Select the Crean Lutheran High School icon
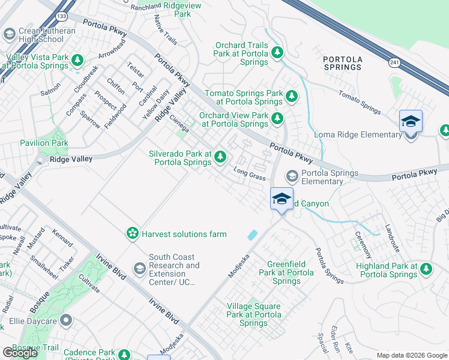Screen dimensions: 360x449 click(x=9, y=34)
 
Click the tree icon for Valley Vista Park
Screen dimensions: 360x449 click(x=77, y=61)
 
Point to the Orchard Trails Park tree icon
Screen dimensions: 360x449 click(x=277, y=53)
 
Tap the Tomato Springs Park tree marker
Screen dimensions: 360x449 click(x=292, y=96)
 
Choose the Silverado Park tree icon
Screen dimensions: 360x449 click(x=220, y=157)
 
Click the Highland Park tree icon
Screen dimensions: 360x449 click(x=426, y=269)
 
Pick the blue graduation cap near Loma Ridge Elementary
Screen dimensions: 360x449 click(x=411, y=121)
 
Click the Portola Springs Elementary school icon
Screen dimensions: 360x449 click(x=292, y=176)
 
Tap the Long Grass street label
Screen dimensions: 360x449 click(x=249, y=174)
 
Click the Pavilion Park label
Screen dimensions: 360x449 click(x=43, y=143)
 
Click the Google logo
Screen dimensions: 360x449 click(x=20, y=353)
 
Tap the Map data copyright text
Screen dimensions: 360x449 click(x=411, y=355)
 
